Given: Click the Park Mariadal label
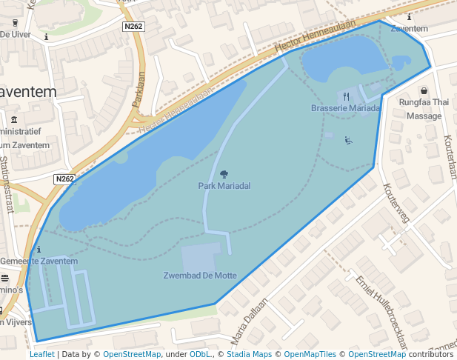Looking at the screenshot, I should (x=223, y=185).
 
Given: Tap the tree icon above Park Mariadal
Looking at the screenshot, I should (x=224, y=174).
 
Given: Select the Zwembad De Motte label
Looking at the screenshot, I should (x=200, y=276).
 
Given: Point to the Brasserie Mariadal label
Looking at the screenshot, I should (x=345, y=108).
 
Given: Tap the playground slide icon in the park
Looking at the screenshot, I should (x=348, y=140).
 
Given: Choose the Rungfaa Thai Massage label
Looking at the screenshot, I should (x=424, y=109).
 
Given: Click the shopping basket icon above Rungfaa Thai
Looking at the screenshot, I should (x=424, y=91).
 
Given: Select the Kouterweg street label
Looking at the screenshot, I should (x=396, y=204).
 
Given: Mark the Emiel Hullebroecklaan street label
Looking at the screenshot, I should (x=382, y=310).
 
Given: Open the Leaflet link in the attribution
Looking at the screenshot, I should (x=41, y=354).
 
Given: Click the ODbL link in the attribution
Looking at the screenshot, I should (x=201, y=354).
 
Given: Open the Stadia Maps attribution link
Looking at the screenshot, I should (x=249, y=354).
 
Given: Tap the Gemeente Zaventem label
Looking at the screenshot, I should (x=39, y=261).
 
